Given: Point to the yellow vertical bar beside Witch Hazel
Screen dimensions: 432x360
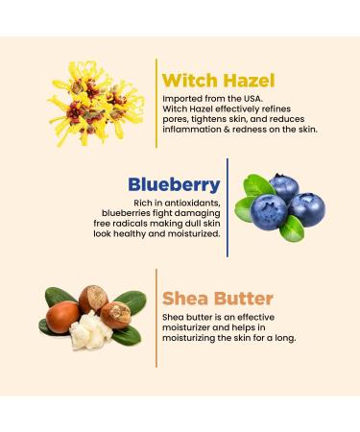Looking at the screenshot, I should pos(156,102).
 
